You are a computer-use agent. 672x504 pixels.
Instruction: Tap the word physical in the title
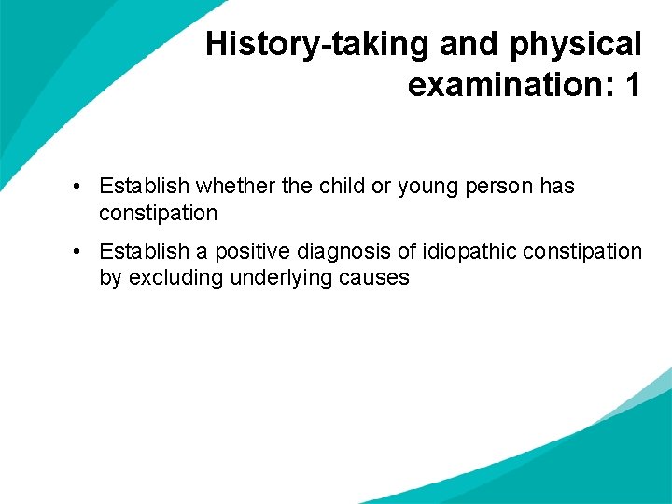pos(575,45)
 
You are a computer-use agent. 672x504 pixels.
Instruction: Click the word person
pos(499,187)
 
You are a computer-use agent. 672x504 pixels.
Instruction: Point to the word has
pos(557,187)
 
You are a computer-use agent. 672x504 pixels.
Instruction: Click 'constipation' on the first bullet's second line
pos(158,213)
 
